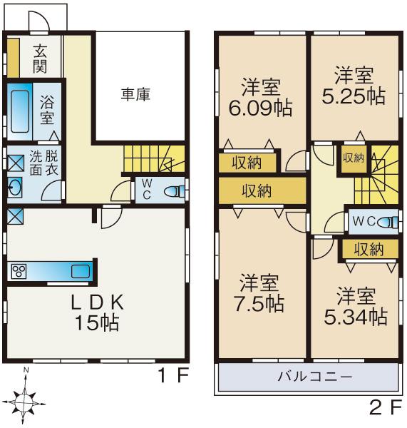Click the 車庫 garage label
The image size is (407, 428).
(x=135, y=94)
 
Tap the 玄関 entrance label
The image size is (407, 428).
(x=38, y=58)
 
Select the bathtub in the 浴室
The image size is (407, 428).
(x=21, y=111)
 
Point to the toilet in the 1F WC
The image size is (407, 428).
(x=175, y=191)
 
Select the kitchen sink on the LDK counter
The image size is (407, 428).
(x=80, y=271)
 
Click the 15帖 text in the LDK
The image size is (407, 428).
(x=98, y=322)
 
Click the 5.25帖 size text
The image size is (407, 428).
(x=354, y=96)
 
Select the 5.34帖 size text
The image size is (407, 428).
(x=354, y=315)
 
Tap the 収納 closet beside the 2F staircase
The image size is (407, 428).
(x=353, y=158)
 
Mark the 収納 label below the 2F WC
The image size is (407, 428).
(x=369, y=249)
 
